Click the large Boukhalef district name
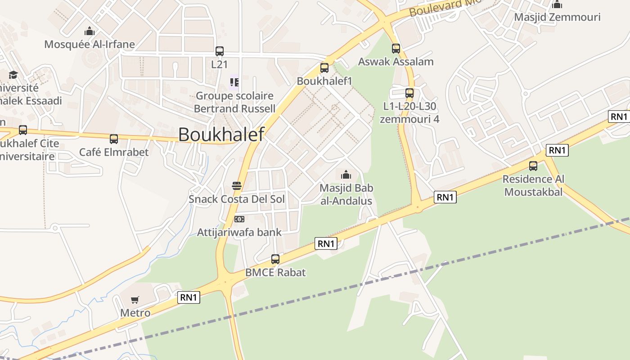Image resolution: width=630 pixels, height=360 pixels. point(221,134)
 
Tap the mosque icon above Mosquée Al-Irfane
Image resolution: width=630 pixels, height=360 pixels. point(90,31)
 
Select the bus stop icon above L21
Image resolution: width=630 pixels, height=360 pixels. point(220,51)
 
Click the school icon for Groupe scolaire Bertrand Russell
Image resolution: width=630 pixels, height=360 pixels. point(234,82)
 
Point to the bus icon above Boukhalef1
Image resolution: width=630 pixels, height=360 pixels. point(324,68)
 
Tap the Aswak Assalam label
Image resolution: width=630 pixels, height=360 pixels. point(396,62)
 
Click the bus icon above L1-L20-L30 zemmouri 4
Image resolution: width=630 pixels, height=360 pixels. point(409,93)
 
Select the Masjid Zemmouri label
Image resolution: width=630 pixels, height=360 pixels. point(557,17)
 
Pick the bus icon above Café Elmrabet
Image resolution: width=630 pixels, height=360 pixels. point(114,139)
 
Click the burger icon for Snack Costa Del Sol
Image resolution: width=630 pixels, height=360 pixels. point(237,186)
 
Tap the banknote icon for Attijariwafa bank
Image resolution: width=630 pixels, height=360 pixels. point(239,219)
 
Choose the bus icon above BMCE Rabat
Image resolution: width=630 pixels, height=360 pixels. point(275,259)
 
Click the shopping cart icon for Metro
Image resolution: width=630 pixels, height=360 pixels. point(135,300)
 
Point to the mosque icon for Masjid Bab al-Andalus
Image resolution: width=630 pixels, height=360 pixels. point(346,175)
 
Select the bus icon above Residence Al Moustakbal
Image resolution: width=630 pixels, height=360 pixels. point(533,166)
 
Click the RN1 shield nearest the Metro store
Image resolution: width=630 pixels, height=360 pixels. point(189,297)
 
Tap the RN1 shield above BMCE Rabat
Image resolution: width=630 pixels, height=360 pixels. point(326,244)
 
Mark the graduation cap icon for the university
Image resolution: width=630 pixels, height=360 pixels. point(13,75)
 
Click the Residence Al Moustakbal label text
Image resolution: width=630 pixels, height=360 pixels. point(533,185)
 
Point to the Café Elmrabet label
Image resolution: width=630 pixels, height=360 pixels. point(114,152)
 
